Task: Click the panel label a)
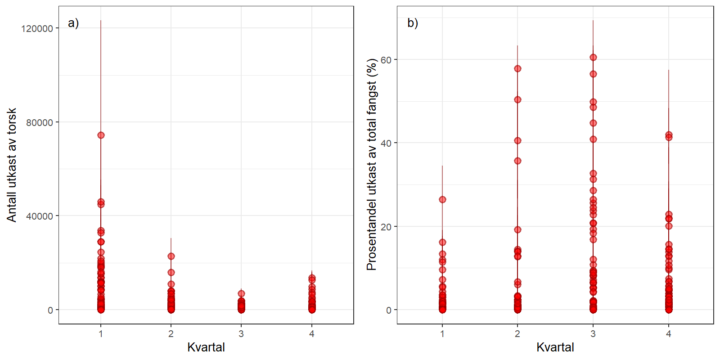73,23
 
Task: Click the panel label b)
413,23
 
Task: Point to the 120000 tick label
37,28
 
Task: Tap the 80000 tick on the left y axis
40,122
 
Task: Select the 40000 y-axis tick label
40,216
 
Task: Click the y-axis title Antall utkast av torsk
12,165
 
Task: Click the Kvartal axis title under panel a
206,347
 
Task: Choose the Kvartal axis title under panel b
555,347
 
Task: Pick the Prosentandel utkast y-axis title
372,165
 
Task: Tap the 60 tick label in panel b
386,60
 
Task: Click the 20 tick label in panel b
386,227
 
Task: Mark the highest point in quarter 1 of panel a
101,135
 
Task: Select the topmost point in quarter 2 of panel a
171,256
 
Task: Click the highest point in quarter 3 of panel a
241,293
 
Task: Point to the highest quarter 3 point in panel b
593,57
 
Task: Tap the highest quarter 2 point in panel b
517,68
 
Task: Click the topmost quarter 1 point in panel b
442,199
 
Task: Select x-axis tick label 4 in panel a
312,334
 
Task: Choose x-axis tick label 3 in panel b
593,334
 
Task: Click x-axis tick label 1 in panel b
442,334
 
